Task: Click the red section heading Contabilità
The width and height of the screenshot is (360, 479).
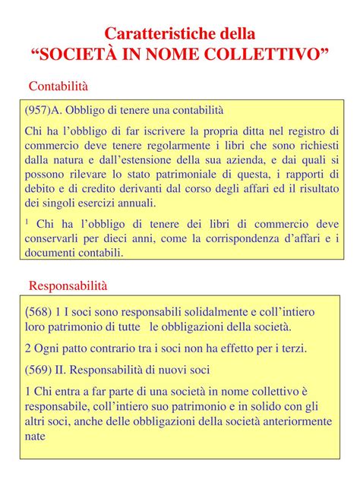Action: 58,85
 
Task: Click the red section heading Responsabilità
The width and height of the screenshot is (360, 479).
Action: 68,285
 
